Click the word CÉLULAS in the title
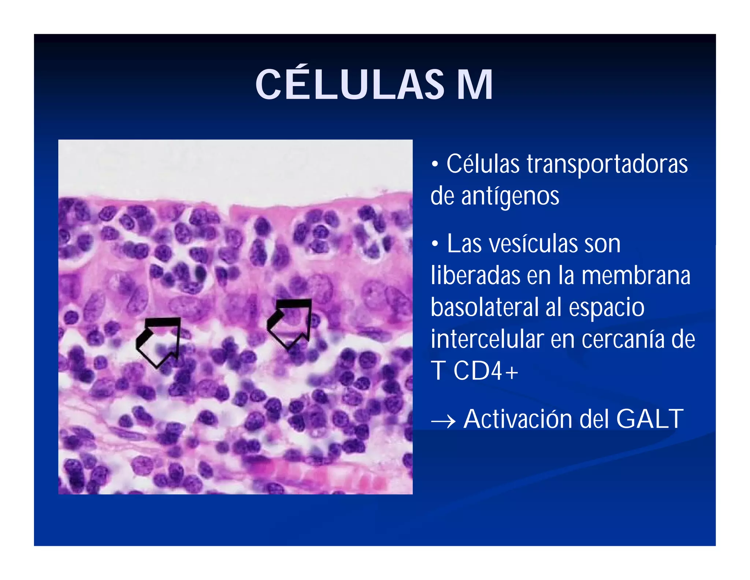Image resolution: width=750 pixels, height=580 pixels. point(349,85)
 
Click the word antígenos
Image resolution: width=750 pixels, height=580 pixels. point(510,196)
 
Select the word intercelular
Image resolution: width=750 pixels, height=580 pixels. point(487,339)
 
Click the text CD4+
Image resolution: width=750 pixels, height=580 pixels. point(486,371)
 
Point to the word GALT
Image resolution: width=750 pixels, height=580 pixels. point(650,419)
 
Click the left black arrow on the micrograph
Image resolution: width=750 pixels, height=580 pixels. point(158,341)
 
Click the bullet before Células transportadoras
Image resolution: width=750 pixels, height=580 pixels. point(435,164)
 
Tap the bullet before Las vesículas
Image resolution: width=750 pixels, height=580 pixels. point(435,243)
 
